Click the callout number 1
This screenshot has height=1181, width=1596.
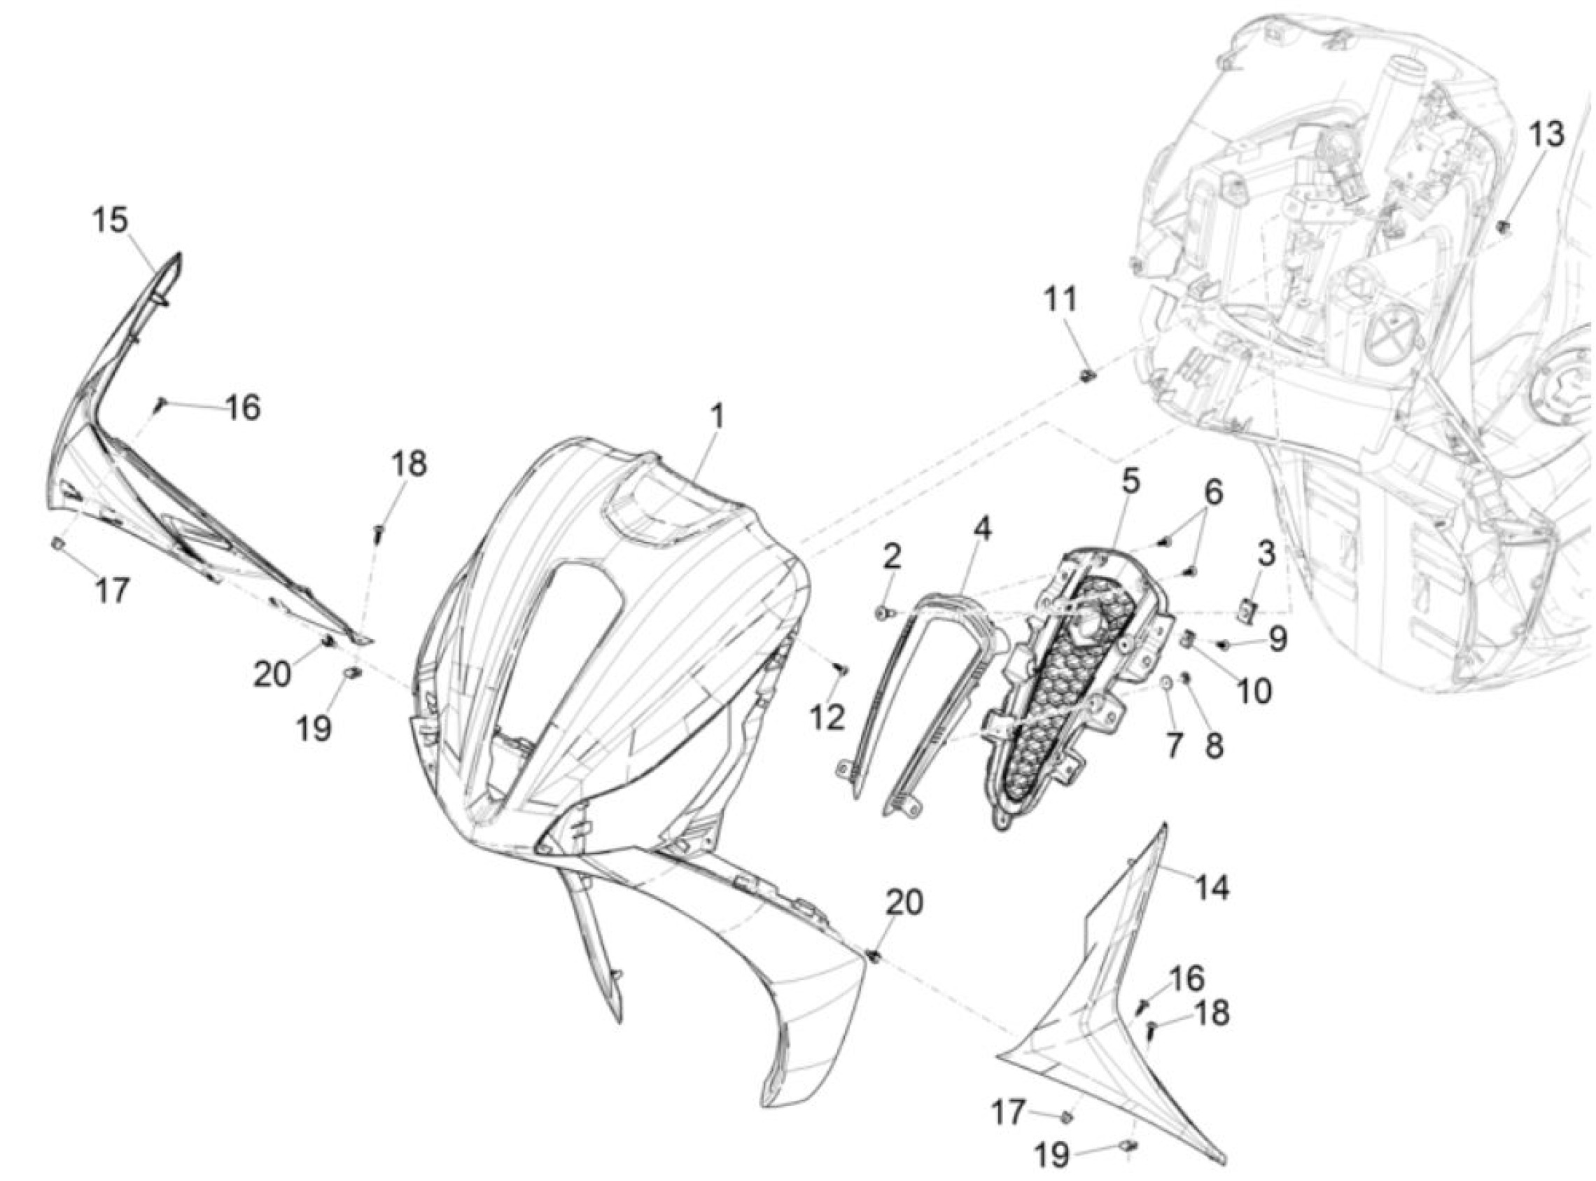716,416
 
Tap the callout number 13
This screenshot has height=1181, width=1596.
1546,134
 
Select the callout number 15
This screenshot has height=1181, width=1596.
110,221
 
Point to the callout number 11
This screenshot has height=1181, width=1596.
1061,300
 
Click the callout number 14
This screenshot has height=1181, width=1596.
1212,888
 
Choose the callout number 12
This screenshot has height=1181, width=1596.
827,719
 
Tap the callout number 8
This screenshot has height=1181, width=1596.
1214,746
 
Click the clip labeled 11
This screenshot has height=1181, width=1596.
1086,376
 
